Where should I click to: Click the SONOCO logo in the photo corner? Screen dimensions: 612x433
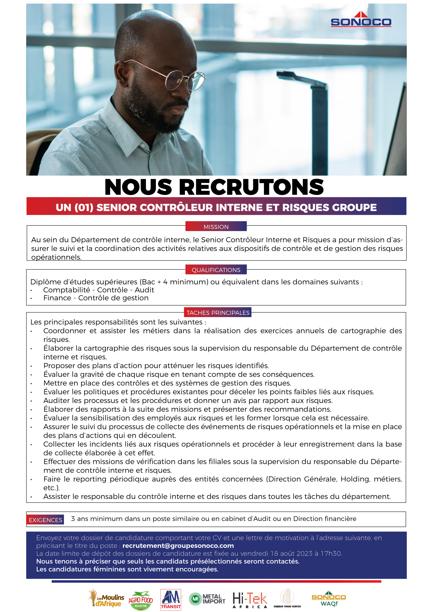coord(361,20)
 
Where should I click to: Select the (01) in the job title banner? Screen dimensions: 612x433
coord(84,208)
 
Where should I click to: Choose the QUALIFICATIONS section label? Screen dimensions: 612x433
coord(216,270)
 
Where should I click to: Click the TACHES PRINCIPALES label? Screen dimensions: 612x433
coord(218,313)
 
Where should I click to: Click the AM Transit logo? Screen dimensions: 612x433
coord(171,600)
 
